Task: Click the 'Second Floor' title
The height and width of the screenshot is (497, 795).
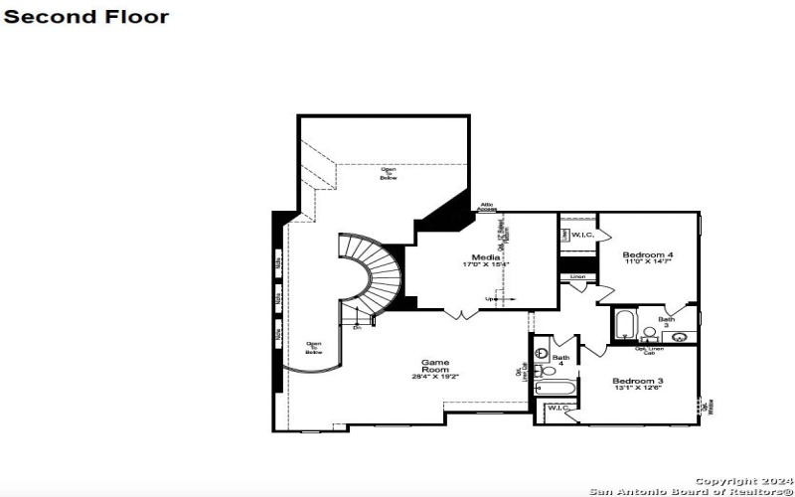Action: tap(86, 17)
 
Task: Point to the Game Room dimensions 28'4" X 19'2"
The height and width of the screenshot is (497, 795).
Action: tap(437, 377)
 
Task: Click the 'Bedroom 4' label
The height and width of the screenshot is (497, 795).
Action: tap(648, 255)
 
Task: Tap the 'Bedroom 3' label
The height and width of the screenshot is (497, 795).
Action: tap(638, 382)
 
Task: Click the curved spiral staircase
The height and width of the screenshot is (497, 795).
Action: tap(373, 273)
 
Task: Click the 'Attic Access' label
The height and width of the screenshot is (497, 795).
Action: tap(487, 207)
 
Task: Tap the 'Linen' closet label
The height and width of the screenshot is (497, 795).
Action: tap(577, 276)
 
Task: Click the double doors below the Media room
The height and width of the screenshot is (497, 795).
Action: tap(459, 315)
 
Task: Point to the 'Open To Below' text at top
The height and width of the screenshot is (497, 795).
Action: tap(389, 173)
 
